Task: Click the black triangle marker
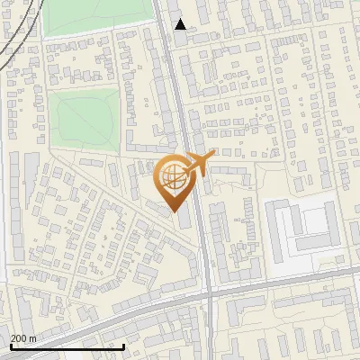181,24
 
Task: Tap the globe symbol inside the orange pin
174,177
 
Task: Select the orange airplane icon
200,163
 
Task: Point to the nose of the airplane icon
215,154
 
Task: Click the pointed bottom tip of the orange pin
174,211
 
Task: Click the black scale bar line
67,346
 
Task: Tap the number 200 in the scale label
20,339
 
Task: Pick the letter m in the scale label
32,339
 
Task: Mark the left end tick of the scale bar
10,345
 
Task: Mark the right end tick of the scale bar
124,345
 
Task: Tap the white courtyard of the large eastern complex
311,220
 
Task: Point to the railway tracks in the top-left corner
11,40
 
